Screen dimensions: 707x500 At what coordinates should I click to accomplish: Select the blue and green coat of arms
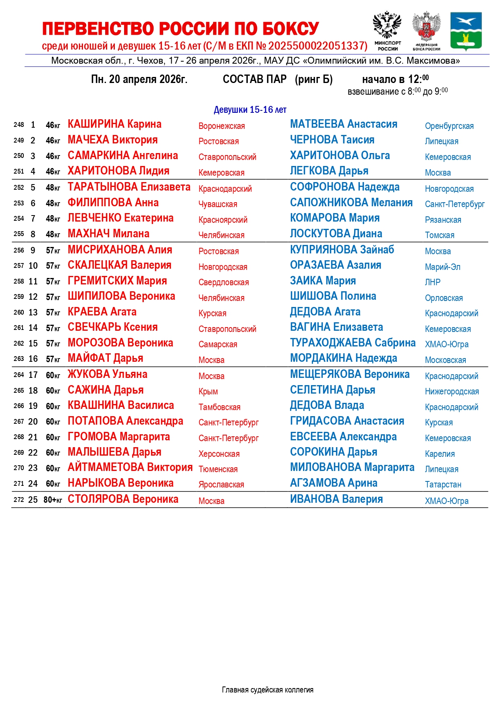(x=466, y=31)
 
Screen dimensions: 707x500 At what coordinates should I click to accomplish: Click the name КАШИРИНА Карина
(x=114, y=124)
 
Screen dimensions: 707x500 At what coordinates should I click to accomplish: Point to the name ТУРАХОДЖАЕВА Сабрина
(x=353, y=343)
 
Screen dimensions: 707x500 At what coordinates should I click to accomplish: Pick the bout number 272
(x=19, y=500)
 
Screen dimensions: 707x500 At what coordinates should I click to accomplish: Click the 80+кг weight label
(x=53, y=500)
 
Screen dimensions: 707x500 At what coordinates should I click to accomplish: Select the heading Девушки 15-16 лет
(x=250, y=110)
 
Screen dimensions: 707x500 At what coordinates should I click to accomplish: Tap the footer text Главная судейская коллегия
(x=268, y=690)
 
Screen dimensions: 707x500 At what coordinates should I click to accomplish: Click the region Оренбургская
(x=449, y=126)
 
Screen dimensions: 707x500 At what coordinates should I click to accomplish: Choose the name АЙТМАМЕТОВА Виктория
(x=130, y=467)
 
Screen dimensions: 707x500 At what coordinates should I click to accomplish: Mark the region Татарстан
(x=443, y=485)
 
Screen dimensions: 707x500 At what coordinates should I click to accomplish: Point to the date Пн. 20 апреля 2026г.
(x=139, y=79)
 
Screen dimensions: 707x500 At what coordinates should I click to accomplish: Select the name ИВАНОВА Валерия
(x=336, y=499)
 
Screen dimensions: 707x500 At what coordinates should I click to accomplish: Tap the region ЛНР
(x=432, y=282)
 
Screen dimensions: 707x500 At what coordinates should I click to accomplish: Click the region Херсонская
(x=219, y=454)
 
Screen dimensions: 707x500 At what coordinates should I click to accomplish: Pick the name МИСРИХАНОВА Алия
(x=120, y=250)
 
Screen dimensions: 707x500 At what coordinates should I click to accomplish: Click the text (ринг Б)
(x=313, y=79)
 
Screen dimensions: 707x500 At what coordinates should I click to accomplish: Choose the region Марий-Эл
(x=442, y=267)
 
